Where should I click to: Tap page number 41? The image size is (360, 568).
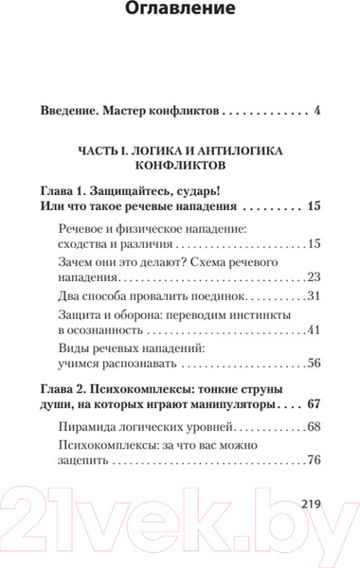point(315,331)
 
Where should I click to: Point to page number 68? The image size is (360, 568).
point(315,426)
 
